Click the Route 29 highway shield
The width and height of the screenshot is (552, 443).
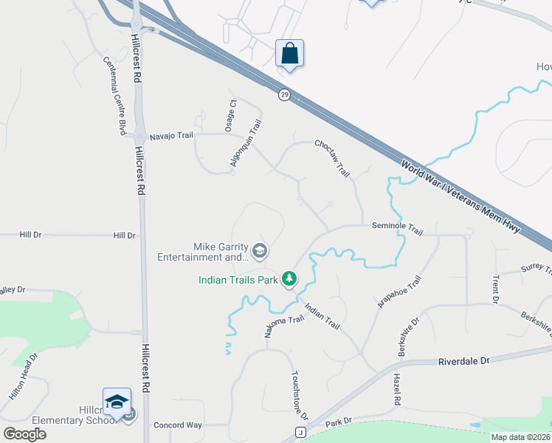(x=284, y=95)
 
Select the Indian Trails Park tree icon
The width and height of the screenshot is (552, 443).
(x=290, y=278)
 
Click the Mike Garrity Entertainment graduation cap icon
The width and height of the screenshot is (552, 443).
(x=259, y=252)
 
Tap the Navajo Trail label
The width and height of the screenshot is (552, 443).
(x=170, y=136)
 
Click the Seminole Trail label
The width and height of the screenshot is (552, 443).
(x=397, y=230)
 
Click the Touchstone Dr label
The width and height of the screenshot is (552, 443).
(x=300, y=395)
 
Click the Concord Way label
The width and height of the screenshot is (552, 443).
(x=177, y=425)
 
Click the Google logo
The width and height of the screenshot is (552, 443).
(x=24, y=434)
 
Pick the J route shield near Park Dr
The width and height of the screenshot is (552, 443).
(x=300, y=432)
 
